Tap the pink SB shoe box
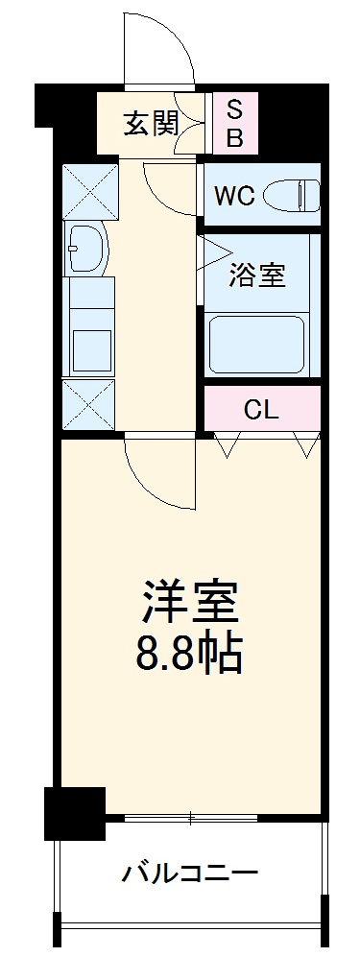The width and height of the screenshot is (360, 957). (234, 123)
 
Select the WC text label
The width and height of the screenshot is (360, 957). (233, 196)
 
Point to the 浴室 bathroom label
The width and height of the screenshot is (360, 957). (256, 276)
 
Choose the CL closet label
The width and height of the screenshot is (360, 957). (261, 410)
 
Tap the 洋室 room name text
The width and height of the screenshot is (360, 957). (190, 604)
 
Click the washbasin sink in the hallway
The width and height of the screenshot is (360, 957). (86, 249)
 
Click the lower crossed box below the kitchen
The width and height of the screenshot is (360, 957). (88, 404)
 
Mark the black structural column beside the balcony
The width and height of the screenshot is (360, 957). (74, 813)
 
